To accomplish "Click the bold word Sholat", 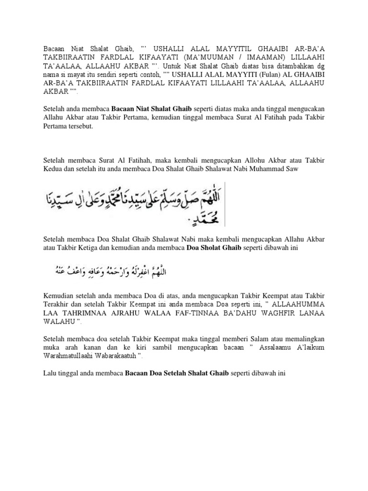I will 215,247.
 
